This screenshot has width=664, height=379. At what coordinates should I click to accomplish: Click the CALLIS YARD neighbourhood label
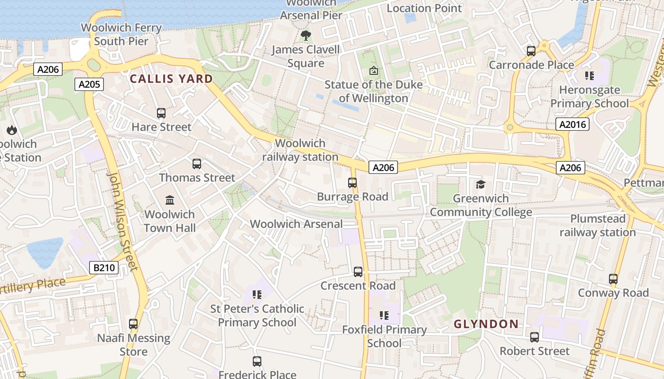[171, 79]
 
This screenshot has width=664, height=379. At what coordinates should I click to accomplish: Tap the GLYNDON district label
[486, 324]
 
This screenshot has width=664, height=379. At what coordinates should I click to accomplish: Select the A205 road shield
[89, 84]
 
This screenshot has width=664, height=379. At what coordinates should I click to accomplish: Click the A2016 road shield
[572, 125]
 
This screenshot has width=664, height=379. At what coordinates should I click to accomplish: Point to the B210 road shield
[104, 268]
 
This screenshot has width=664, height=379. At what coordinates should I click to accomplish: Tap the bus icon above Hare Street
[161, 113]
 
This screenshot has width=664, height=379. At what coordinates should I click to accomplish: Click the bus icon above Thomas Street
[197, 164]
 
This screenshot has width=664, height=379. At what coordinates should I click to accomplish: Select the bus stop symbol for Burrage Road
[352, 183]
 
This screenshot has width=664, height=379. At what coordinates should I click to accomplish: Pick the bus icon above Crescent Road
[358, 272]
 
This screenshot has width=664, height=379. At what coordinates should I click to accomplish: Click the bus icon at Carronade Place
[531, 51]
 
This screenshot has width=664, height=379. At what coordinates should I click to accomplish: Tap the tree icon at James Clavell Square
[306, 36]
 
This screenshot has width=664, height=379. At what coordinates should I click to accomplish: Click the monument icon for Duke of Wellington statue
[374, 71]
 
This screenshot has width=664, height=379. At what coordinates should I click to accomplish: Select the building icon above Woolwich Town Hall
[170, 200]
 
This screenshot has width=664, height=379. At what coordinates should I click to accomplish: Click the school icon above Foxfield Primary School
[384, 316]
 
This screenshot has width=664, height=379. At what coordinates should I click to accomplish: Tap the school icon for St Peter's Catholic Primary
[257, 295]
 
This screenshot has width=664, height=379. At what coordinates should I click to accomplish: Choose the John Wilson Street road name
[122, 220]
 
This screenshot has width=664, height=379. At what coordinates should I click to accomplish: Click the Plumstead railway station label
[598, 226]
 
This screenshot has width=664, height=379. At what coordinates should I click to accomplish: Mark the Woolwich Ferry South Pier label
[121, 34]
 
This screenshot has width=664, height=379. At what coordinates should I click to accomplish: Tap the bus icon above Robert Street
[535, 337]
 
